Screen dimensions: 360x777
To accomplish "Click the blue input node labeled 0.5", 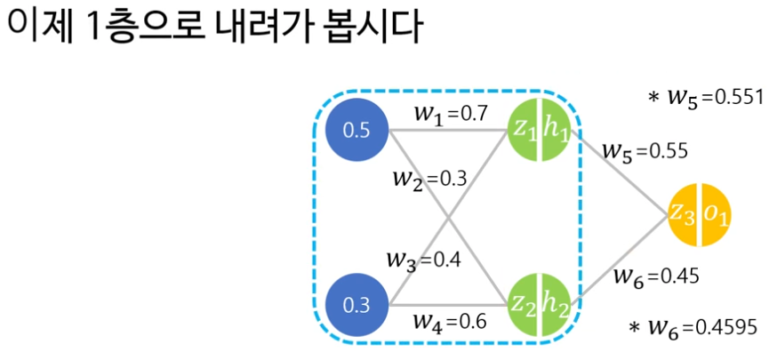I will click(356, 131).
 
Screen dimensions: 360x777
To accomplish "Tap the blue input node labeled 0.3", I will click(356, 307).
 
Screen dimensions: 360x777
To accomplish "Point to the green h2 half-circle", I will click(557, 305).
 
